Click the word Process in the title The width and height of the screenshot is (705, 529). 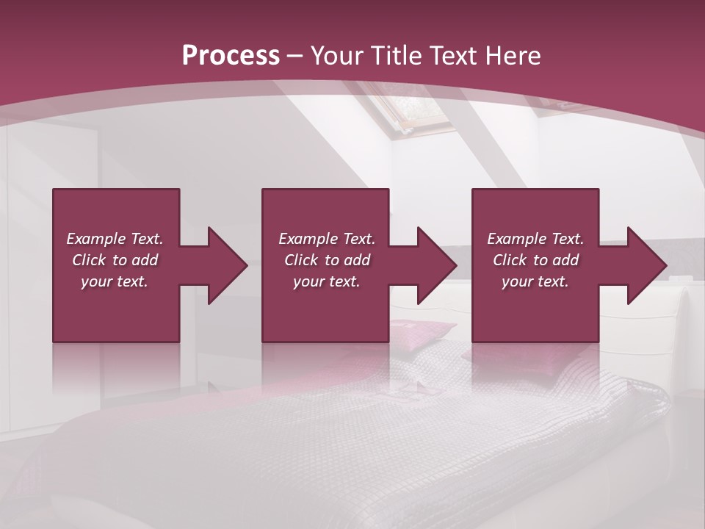click(x=231, y=56)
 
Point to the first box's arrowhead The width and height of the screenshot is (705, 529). click(x=223, y=265)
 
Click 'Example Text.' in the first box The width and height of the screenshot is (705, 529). click(x=115, y=239)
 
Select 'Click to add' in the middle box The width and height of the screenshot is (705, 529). click(x=327, y=260)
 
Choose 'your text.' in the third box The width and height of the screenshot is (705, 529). click(x=535, y=281)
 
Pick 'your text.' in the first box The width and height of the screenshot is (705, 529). click(x=115, y=281)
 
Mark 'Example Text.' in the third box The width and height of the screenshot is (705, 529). click(x=535, y=239)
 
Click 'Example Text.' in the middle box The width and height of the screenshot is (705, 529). click(x=327, y=239)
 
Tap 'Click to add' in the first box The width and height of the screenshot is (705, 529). click(x=115, y=260)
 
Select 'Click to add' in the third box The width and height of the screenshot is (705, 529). click(x=535, y=260)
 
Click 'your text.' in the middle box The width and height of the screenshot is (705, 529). click(x=327, y=281)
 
